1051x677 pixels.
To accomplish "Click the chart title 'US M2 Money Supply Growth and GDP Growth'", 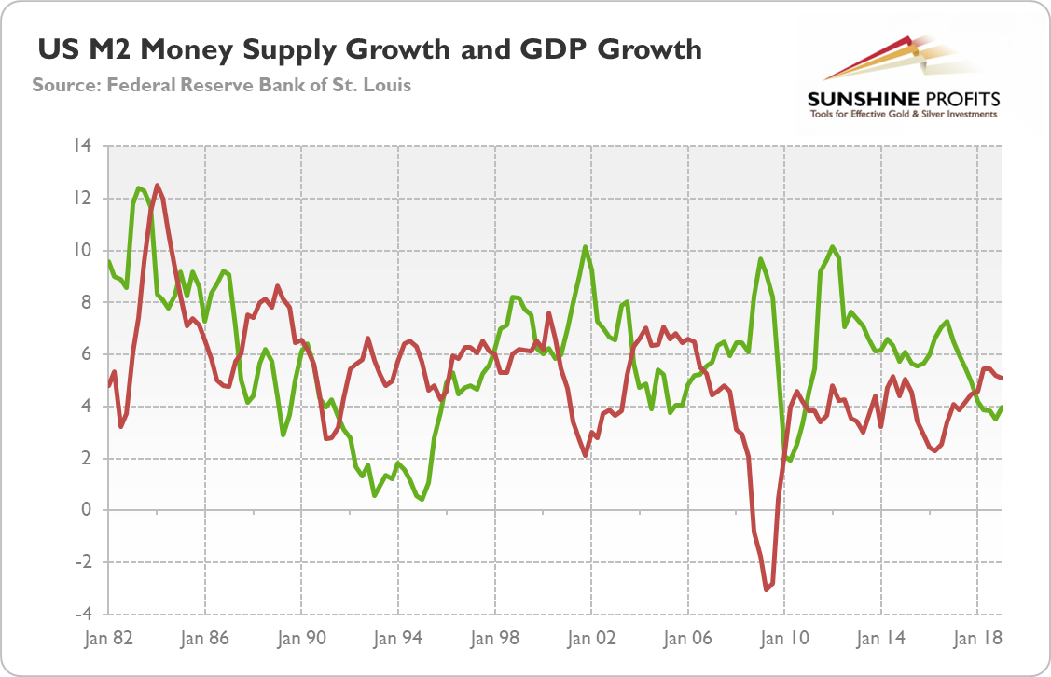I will (x=368, y=48).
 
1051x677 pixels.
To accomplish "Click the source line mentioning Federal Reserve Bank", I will (x=222, y=85).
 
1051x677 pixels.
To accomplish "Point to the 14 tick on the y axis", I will (x=84, y=146).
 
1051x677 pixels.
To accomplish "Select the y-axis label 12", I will (x=84, y=199).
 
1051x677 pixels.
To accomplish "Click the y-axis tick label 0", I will (x=87, y=510).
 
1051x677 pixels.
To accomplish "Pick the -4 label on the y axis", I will (x=84, y=615).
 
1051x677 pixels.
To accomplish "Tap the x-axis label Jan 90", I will (x=302, y=640).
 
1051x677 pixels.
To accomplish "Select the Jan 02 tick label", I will (x=591, y=640).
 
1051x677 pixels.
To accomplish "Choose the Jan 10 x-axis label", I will (x=784, y=640).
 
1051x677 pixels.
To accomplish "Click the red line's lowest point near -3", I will (x=766, y=589).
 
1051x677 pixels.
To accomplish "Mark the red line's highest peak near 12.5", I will (x=157, y=185).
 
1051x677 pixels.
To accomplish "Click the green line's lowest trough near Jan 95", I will (x=422, y=499).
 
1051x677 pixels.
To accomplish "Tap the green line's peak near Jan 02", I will (x=585, y=247).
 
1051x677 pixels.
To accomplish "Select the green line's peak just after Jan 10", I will (x=833, y=247).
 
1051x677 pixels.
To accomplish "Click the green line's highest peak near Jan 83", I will (x=139, y=187).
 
